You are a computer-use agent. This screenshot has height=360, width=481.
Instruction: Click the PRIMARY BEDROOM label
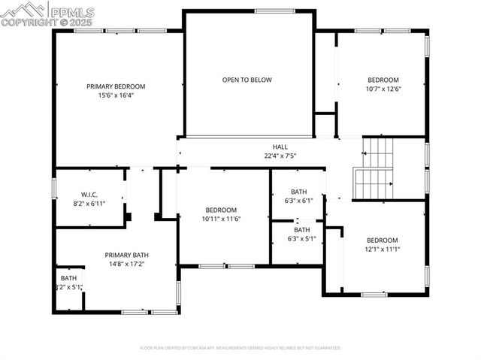pyautogui.click(x=116, y=86)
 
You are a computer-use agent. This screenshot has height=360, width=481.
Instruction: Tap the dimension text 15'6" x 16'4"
pyautogui.click(x=116, y=95)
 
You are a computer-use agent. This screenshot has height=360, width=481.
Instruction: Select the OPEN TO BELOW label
pyautogui.click(x=247, y=80)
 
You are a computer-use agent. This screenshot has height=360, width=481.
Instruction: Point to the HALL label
pyautogui.click(x=280, y=147)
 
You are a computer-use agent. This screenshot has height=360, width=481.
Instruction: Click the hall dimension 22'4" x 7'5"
pyautogui.click(x=280, y=156)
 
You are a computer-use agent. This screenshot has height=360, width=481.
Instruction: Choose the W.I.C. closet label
pyautogui.click(x=89, y=195)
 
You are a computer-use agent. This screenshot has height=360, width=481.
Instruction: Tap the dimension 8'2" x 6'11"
pyautogui.click(x=89, y=204)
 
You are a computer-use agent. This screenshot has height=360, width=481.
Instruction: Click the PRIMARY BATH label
pyautogui.click(x=127, y=255)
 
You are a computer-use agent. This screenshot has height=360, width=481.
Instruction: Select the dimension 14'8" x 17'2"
pyautogui.click(x=127, y=264)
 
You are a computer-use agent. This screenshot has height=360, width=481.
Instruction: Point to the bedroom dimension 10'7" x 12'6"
pyautogui.click(x=383, y=89)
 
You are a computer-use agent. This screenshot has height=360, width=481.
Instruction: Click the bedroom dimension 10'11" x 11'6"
pyautogui.click(x=221, y=219)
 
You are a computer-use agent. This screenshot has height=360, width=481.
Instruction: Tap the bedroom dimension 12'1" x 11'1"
pyautogui.click(x=382, y=249)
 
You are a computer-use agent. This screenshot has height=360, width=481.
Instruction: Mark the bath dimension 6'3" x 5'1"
pyautogui.click(x=301, y=239)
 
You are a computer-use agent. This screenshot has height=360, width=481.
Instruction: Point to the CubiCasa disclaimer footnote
pyautogui.click(x=240, y=348)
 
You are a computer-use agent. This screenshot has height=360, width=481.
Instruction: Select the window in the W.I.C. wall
pyautogui.click(x=54, y=187)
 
